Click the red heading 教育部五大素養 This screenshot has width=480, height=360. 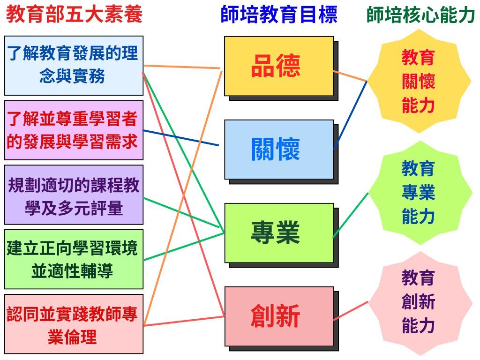(x=75, y=14)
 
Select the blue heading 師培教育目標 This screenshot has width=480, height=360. (x=279, y=14)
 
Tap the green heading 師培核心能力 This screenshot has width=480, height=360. (x=420, y=15)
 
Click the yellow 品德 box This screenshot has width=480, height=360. (x=279, y=66)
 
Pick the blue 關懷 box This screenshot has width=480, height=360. (x=279, y=150)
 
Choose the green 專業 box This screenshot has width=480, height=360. (x=279, y=233)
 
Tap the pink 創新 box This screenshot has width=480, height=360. (x=279, y=316)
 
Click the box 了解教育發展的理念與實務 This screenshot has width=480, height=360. (x=74, y=66)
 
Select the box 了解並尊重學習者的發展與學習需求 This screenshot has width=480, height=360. (x=74, y=130)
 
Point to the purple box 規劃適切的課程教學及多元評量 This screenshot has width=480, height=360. (x=74, y=195)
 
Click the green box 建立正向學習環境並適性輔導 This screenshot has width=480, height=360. (x=74, y=259)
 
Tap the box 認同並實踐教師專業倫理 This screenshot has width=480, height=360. (x=74, y=324)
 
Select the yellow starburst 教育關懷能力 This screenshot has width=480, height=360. (x=419, y=82)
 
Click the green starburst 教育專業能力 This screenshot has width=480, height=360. (x=420, y=193)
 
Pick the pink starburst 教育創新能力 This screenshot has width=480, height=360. (x=420, y=303)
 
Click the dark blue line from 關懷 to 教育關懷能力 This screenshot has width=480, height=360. (x=351, y=115)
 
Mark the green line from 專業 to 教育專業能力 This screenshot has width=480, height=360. (x=351, y=215)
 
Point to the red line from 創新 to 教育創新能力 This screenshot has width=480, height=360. (x=351, y=311)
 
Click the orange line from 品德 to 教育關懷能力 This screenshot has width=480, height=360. (x=350, y=76)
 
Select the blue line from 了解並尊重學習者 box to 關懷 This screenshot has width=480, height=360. (x=181, y=138)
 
